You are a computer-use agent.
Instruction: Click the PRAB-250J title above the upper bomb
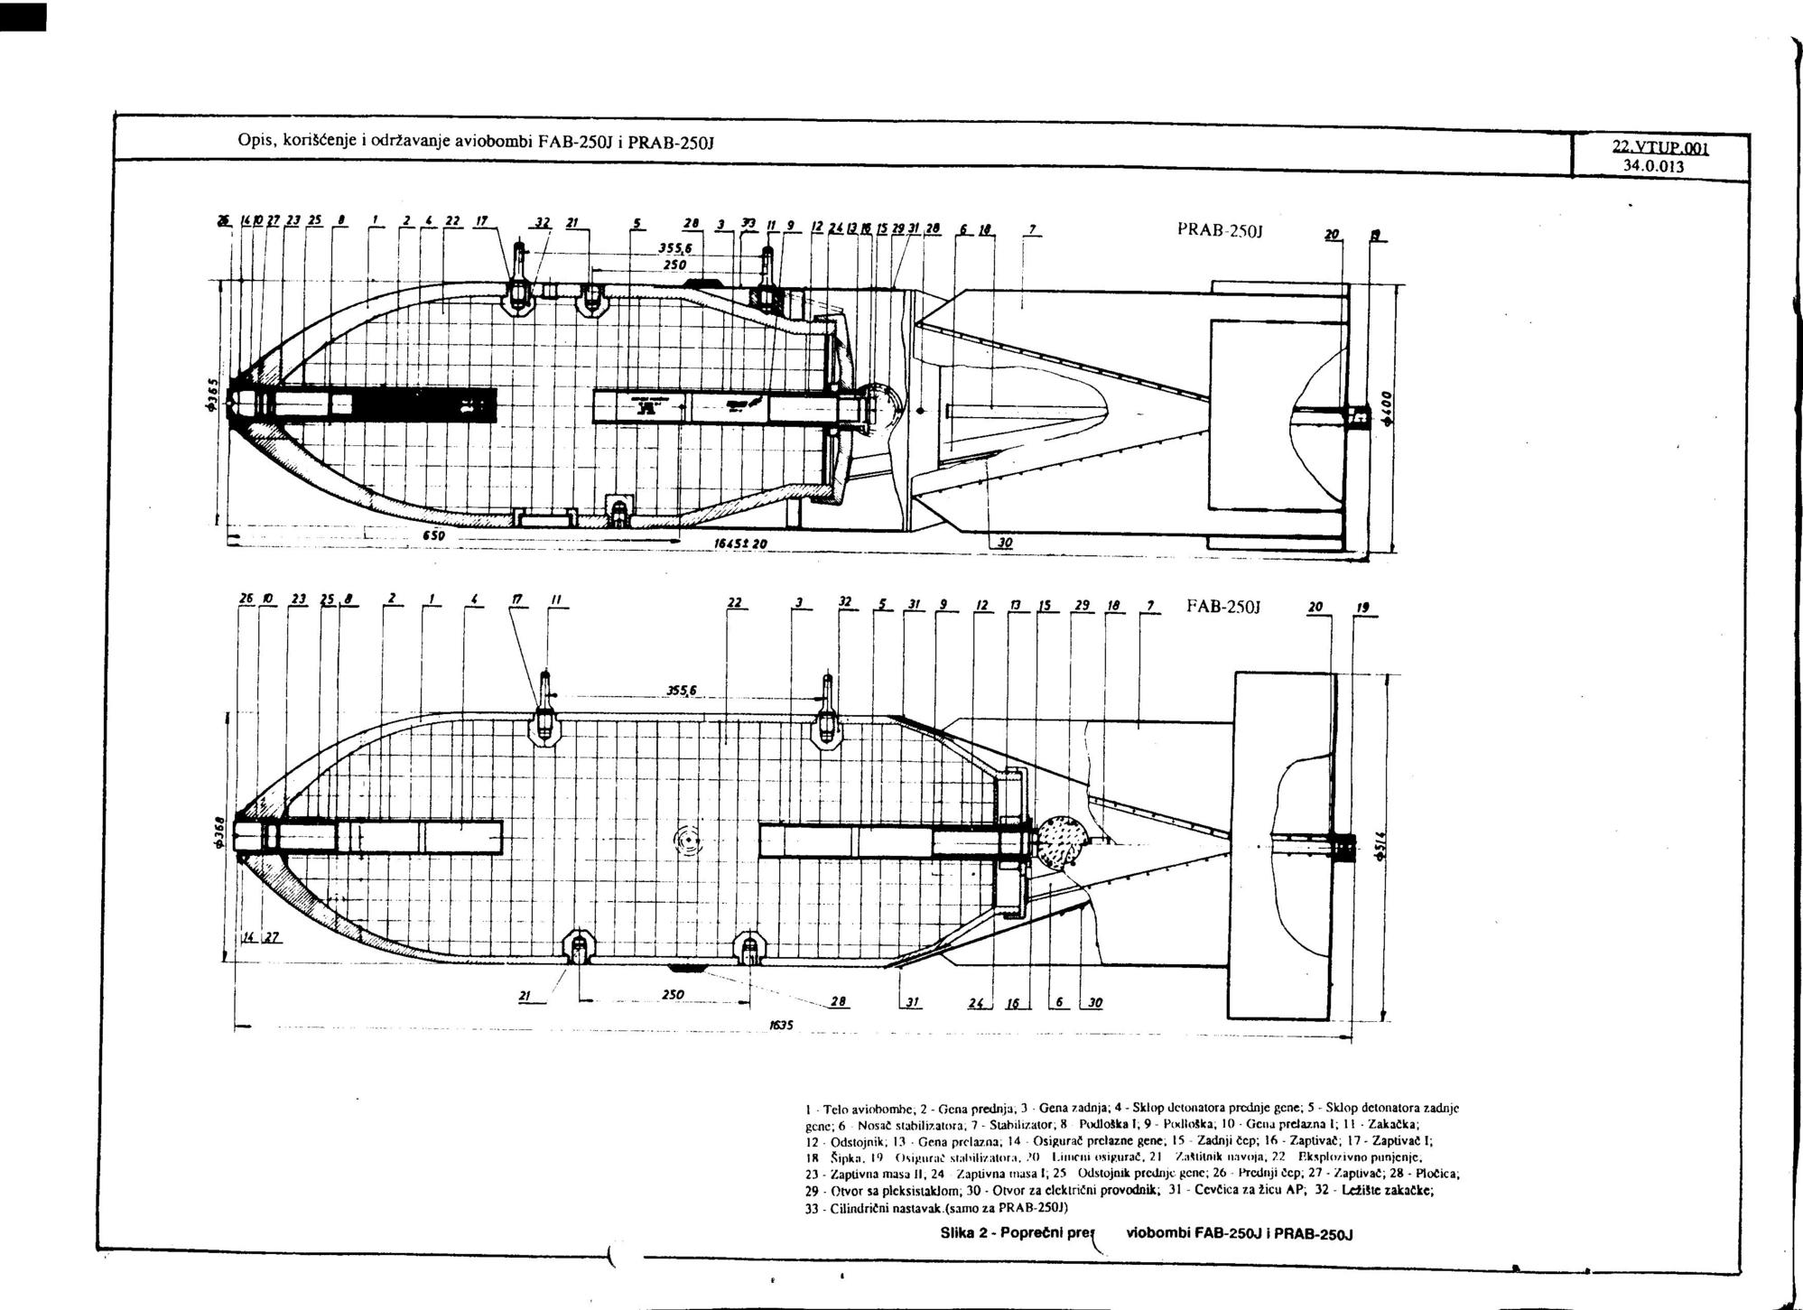[1219, 230]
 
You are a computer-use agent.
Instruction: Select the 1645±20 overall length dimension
[738, 544]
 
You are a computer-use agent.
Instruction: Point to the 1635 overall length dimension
[780, 1026]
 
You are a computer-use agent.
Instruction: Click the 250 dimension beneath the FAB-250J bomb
[672, 994]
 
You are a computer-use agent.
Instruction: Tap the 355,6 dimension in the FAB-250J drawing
[682, 691]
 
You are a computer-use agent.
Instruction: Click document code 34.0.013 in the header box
[1653, 166]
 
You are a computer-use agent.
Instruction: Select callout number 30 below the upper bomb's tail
[1004, 543]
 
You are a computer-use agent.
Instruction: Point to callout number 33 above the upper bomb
[748, 225]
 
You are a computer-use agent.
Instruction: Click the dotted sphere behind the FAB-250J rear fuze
[1061, 842]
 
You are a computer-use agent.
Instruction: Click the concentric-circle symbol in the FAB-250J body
[689, 840]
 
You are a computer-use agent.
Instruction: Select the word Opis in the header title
[253, 141]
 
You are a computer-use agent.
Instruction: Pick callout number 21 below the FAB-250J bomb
[525, 995]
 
